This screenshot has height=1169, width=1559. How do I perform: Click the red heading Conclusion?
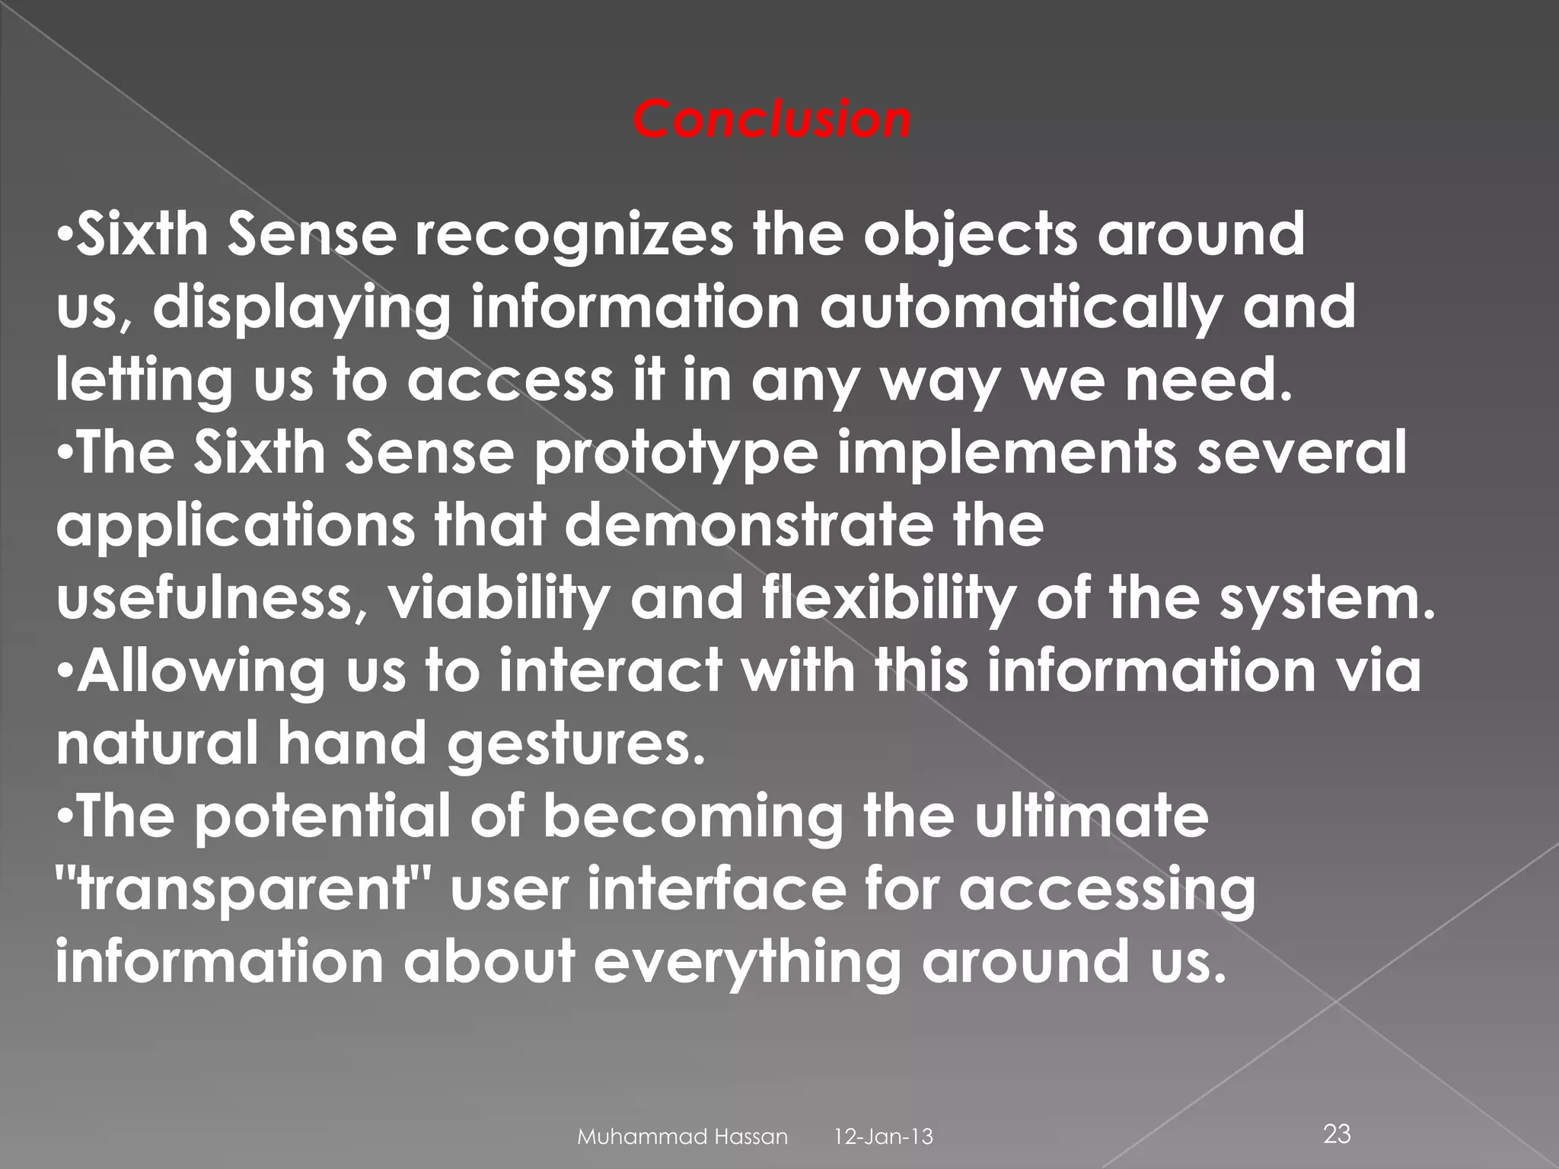(x=772, y=119)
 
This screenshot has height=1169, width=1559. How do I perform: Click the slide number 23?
(x=1337, y=1134)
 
